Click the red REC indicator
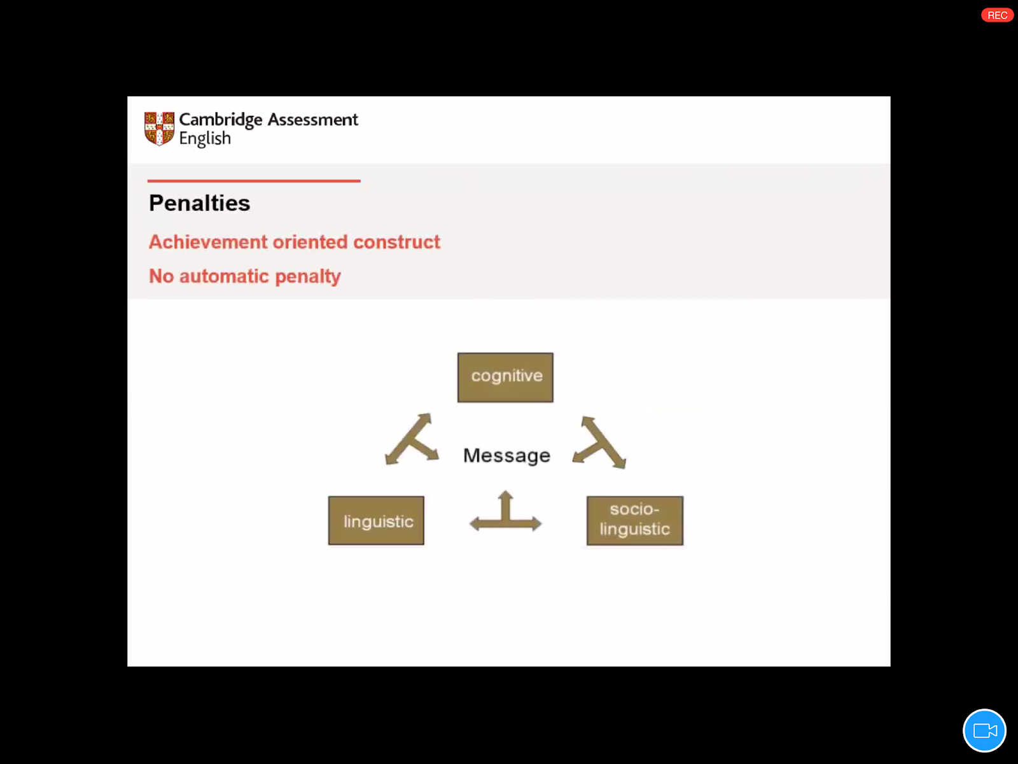pyautogui.click(x=997, y=15)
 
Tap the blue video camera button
pyautogui.click(x=984, y=730)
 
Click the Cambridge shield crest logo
pyautogui.click(x=159, y=128)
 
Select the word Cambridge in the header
pyautogui.click(x=220, y=120)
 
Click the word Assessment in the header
pyautogui.click(x=312, y=120)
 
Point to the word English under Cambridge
pyautogui.click(x=205, y=138)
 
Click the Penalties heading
pyautogui.click(x=199, y=203)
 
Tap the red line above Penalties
pyautogui.click(x=254, y=181)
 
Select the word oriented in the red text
pyautogui.click(x=310, y=242)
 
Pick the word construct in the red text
pyautogui.click(x=396, y=242)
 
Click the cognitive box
pyautogui.click(x=505, y=377)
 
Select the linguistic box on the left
pyautogui.click(x=376, y=521)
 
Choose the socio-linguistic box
pyautogui.click(x=634, y=521)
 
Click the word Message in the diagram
pyautogui.click(x=506, y=455)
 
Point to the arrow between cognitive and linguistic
pyautogui.click(x=412, y=441)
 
